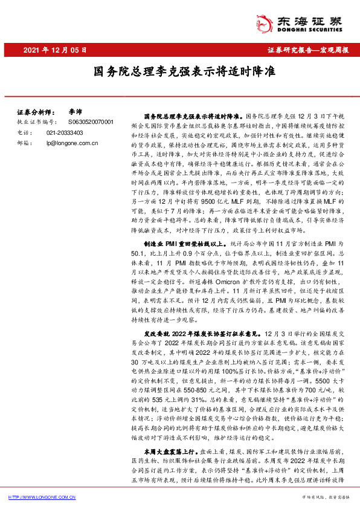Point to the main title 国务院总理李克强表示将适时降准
[179, 71]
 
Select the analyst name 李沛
[75, 112]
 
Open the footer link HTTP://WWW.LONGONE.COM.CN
[43, 497]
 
